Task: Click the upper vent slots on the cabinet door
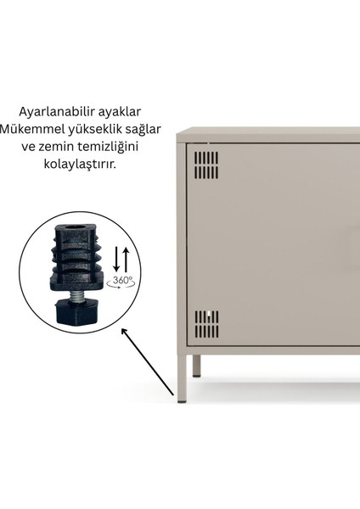click(x=206, y=165)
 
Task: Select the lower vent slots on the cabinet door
click(x=206, y=324)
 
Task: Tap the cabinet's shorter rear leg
click(x=196, y=366)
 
